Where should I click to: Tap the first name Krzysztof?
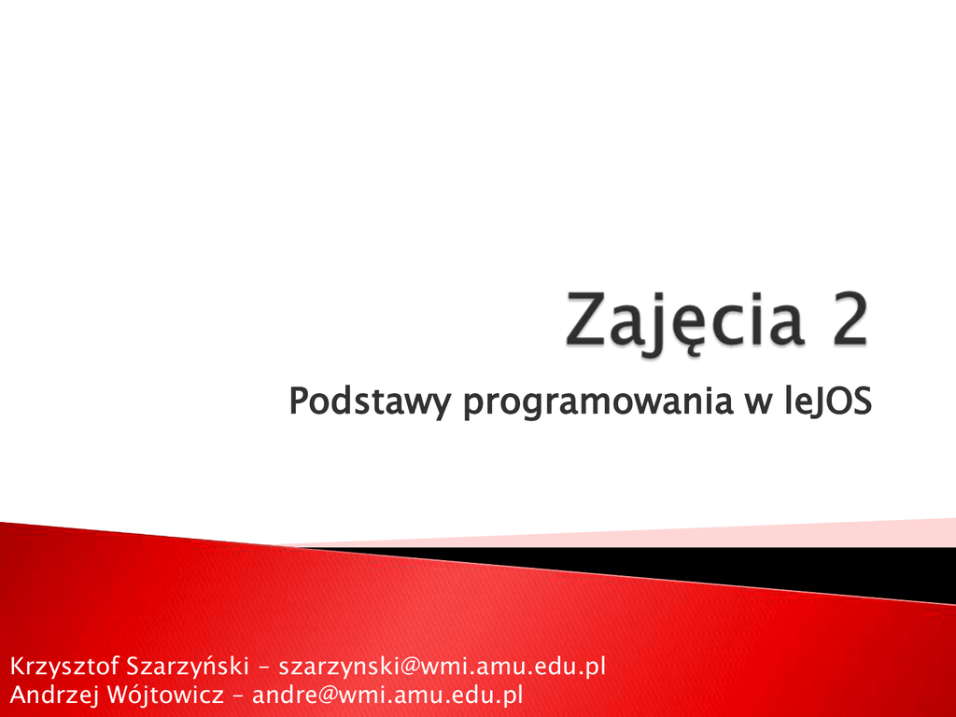(x=64, y=667)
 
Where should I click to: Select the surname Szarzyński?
(x=187, y=667)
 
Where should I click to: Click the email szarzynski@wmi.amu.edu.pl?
(x=442, y=666)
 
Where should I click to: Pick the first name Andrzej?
(x=54, y=695)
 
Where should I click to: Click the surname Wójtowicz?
(x=164, y=695)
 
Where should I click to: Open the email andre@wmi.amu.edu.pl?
(x=387, y=695)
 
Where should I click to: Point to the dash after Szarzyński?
(x=264, y=668)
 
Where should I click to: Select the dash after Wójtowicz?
(x=238, y=696)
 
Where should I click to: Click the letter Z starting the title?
(x=586, y=319)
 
